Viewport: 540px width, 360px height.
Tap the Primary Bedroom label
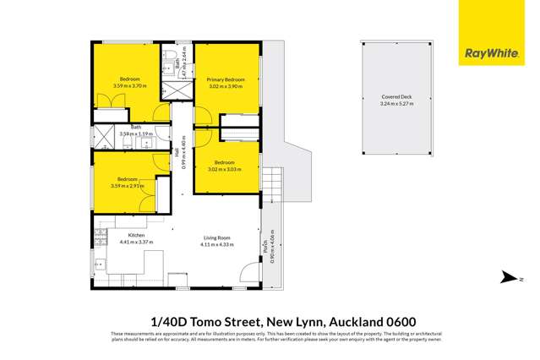pos(226,79)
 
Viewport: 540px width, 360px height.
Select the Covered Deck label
pos(395,97)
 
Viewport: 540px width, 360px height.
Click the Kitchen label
pos(137,235)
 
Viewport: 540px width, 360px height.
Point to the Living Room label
pos(216,237)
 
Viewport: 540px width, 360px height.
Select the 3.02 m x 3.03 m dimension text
pos(225,169)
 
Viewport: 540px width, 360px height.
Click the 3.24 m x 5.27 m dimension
pos(395,105)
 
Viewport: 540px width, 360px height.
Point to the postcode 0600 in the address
pos(374,322)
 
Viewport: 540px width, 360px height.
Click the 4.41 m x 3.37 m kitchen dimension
pos(137,243)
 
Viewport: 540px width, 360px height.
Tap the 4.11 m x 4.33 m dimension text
pos(216,245)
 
